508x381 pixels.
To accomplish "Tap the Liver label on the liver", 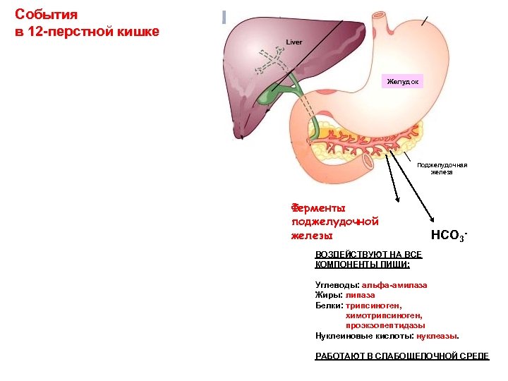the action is click(294, 42).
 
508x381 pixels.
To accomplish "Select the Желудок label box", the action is click(403, 83).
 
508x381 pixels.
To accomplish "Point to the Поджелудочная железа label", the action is click(442, 169).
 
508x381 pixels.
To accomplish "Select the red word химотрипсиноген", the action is click(384, 315).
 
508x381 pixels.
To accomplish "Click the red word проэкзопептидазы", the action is click(385, 325).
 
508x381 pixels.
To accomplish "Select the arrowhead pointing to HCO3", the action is click(432, 224).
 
